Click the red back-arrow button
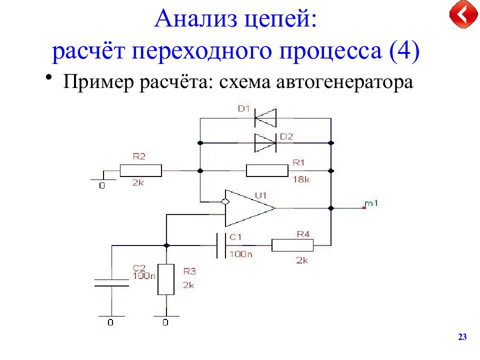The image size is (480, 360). (x=463, y=14)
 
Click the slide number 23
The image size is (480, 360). (x=462, y=337)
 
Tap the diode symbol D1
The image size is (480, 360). (x=265, y=118)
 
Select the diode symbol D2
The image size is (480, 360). (x=265, y=143)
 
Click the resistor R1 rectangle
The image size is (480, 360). (x=267, y=171)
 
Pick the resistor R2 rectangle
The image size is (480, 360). (x=141, y=170)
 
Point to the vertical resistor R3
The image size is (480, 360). (x=166, y=279)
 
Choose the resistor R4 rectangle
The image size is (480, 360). (x=292, y=245)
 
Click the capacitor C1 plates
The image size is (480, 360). (x=221, y=245)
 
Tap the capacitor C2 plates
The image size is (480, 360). (x=111, y=283)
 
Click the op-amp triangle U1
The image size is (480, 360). (x=250, y=208)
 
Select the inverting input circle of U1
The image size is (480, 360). (x=225, y=201)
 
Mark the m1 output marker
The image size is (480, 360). (x=364, y=207)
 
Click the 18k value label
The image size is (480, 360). (x=301, y=179)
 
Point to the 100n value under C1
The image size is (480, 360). (x=240, y=254)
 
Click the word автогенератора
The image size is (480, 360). (x=344, y=82)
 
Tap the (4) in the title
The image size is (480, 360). (x=404, y=50)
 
